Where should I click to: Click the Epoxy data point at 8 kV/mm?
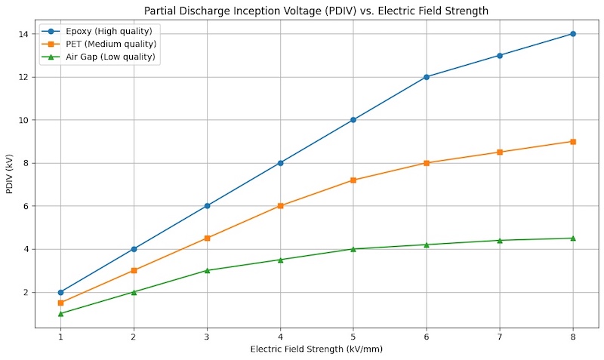point(573,34)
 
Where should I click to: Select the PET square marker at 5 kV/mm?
point(353,180)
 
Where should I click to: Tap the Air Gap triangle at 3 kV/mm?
point(207,270)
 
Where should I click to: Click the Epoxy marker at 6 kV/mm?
point(427,77)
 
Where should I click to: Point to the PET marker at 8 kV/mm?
point(573,141)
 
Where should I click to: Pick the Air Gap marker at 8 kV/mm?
point(573,238)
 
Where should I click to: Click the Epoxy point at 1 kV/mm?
point(60,292)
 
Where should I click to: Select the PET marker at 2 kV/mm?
point(134,270)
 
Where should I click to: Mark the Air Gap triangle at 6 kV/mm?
point(427,245)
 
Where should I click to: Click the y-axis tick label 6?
point(26,206)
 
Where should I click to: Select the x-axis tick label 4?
point(280,337)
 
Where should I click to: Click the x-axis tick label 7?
point(500,337)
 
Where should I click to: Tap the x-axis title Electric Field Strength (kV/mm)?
point(316,349)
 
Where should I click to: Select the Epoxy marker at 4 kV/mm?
point(280,163)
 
